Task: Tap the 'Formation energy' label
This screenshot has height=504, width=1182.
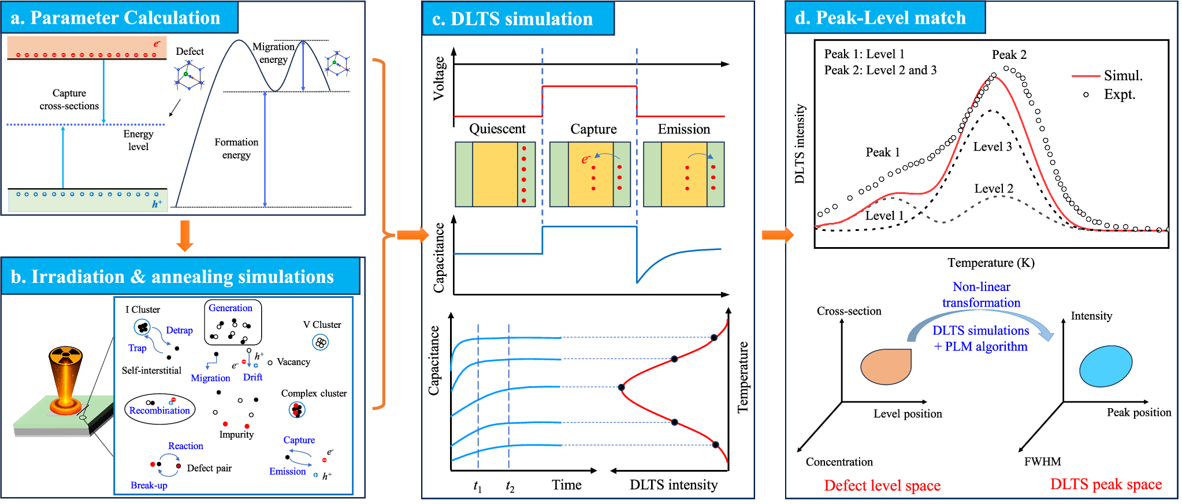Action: (x=236, y=148)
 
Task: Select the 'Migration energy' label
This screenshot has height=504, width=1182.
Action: (x=273, y=53)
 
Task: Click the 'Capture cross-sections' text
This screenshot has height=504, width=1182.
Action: (x=69, y=99)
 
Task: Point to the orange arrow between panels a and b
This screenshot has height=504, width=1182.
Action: (x=184, y=236)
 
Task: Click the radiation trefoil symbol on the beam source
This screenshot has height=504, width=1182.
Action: (x=66, y=356)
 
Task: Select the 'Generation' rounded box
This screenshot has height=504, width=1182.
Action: (x=233, y=322)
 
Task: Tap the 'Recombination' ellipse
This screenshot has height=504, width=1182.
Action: (x=159, y=409)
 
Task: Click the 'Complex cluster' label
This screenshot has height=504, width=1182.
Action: (x=314, y=393)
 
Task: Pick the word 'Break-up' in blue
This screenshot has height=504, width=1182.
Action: (x=148, y=485)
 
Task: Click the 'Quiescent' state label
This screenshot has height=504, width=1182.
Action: (x=497, y=129)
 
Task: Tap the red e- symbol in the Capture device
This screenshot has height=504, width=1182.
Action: (x=585, y=159)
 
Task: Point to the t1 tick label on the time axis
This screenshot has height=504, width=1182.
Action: (x=477, y=486)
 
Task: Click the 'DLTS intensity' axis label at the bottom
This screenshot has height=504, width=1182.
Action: (x=674, y=485)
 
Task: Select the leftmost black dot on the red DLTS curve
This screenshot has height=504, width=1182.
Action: (x=622, y=387)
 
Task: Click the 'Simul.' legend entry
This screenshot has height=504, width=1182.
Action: (x=1122, y=76)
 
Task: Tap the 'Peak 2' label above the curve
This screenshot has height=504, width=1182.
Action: (x=1009, y=55)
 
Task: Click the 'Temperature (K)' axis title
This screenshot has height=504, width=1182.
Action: (x=991, y=263)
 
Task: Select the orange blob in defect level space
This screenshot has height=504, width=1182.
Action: (x=886, y=367)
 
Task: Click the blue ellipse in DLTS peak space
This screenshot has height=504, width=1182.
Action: (x=1105, y=366)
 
